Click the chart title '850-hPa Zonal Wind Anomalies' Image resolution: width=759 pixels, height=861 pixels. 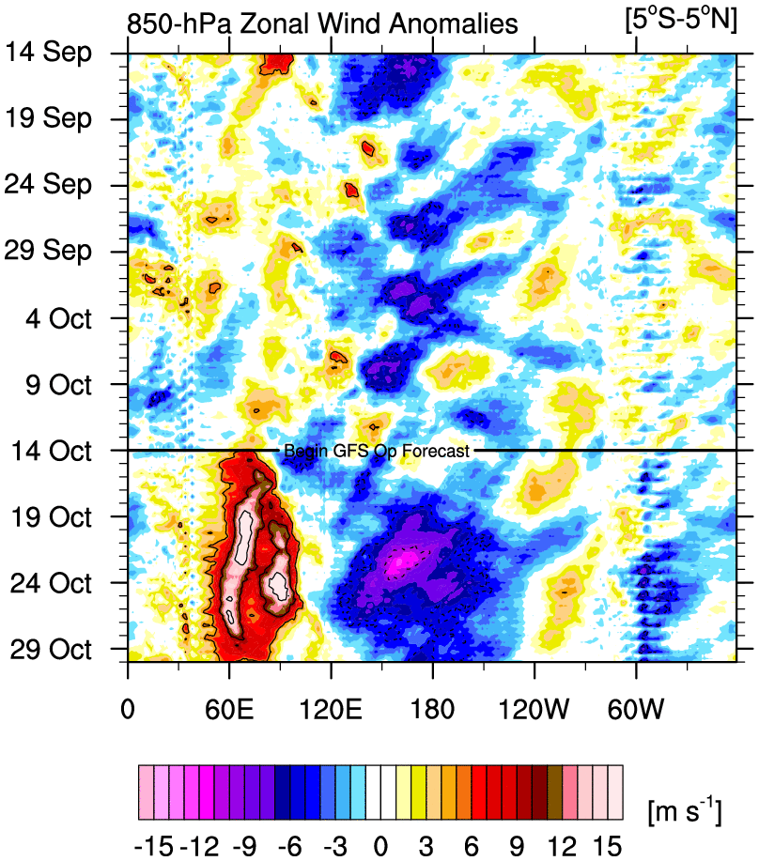point(323,23)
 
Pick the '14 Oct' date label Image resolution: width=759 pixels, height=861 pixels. point(59,452)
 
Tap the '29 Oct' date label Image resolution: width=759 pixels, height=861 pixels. point(59,650)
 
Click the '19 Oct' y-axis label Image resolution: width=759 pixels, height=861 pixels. point(59,517)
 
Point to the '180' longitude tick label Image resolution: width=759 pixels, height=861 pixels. point(432,702)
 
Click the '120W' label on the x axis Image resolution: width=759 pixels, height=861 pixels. point(534,702)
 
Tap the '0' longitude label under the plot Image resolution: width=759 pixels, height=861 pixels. point(128,702)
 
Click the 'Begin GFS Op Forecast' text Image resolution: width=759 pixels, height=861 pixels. point(376,452)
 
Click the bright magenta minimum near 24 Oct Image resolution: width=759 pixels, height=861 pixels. point(401,561)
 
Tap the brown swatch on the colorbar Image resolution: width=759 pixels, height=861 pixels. point(554,781)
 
